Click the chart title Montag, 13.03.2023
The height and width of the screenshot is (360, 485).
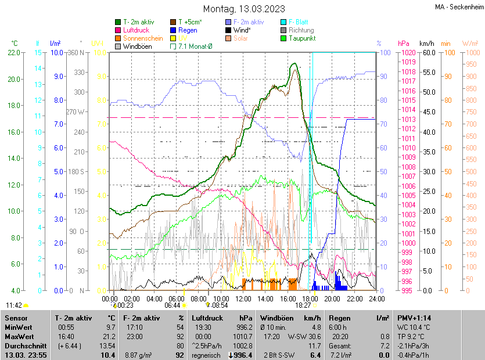pyautogui.click(x=244, y=9)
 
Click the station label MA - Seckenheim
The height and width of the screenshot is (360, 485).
pyautogui.click(x=458, y=8)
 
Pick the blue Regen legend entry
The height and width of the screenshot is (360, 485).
pyautogui.click(x=188, y=30)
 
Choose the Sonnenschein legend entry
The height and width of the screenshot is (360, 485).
pyautogui.click(x=143, y=38)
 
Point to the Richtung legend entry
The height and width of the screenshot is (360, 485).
pyautogui.click(x=301, y=30)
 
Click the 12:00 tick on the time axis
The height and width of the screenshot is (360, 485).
pyautogui.click(x=243, y=298)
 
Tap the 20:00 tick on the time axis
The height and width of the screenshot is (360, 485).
pyautogui.click(x=332, y=298)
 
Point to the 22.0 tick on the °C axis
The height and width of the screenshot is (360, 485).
pyautogui.click(x=15, y=53)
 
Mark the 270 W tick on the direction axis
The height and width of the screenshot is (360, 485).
pyautogui.click(x=76, y=112)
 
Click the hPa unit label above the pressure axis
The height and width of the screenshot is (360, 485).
pyautogui.click(x=403, y=44)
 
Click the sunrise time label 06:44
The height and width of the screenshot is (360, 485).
pyautogui.click(x=173, y=305)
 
